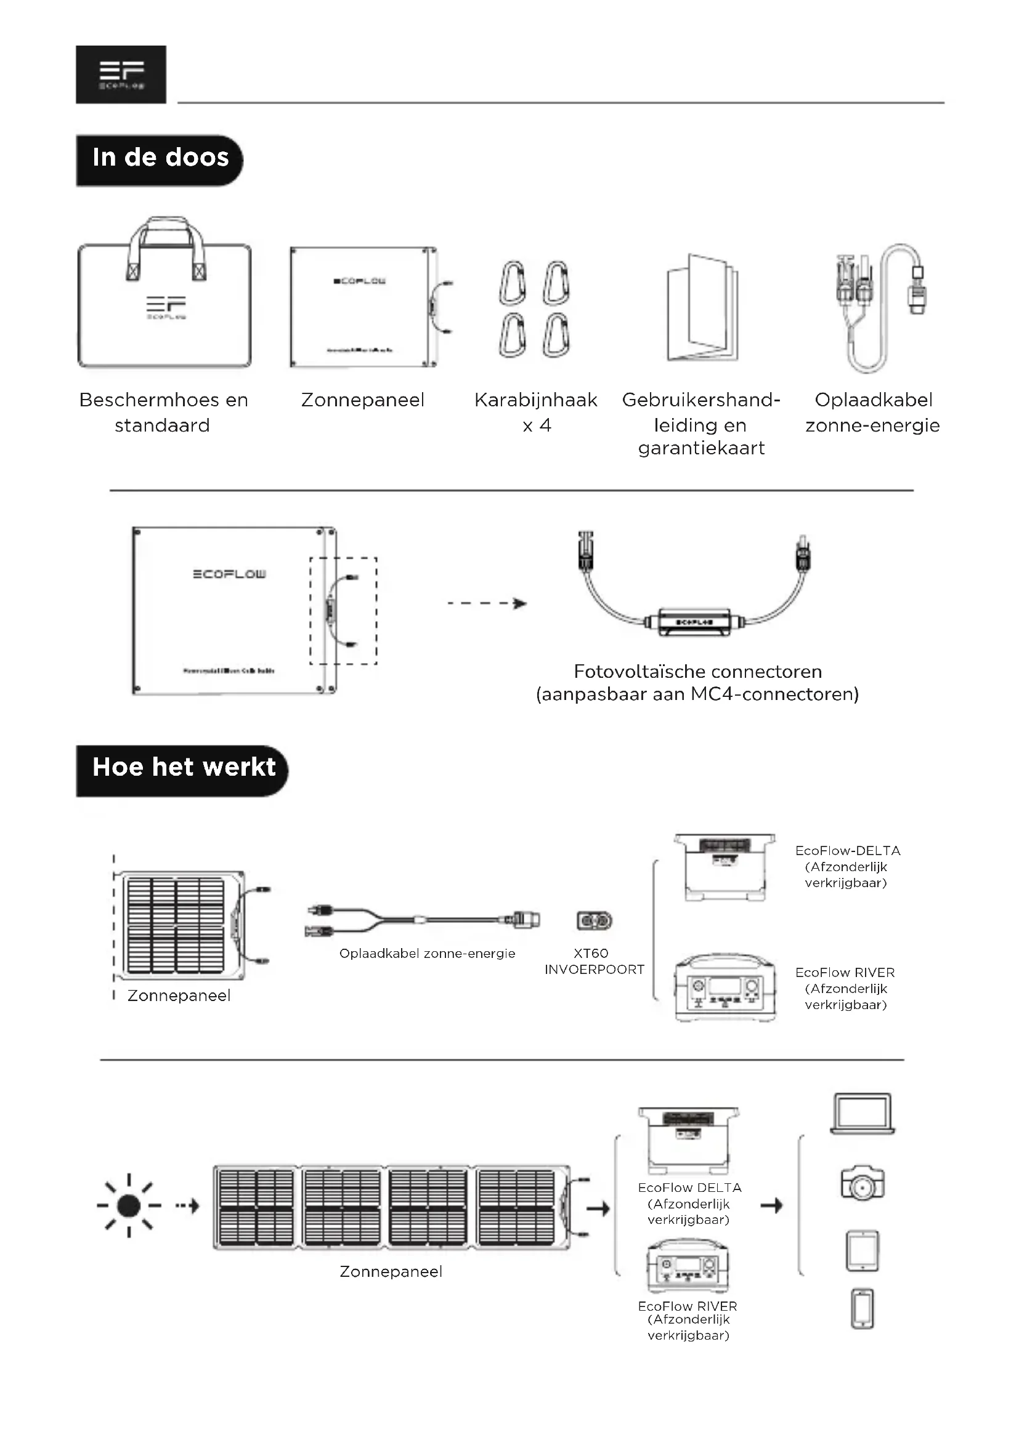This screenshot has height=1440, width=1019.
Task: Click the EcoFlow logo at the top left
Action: (121, 74)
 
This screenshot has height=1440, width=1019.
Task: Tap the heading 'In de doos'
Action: (160, 158)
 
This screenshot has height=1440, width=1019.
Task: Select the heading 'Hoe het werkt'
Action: (183, 768)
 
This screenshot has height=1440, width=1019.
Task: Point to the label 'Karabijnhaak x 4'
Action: (536, 412)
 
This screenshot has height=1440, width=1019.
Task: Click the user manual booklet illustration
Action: (702, 308)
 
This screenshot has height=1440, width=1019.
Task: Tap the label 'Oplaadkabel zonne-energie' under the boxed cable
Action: (872, 412)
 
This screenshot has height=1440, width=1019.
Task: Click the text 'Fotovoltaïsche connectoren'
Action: (697, 672)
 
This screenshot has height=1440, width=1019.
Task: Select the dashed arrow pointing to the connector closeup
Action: (487, 603)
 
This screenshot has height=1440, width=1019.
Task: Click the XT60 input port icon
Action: (594, 920)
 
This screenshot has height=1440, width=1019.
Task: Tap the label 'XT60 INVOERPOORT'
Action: (594, 962)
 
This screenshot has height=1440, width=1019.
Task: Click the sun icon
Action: (129, 1205)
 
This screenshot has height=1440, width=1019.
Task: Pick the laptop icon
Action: (862, 1114)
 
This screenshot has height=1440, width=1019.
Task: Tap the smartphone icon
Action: (862, 1309)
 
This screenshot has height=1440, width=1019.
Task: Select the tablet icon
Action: (862, 1250)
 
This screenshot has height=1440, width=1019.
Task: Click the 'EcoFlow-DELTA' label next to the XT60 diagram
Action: (847, 851)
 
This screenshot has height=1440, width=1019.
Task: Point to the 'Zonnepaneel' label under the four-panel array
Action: (391, 1271)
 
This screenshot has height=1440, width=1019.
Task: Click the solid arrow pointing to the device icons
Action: (771, 1205)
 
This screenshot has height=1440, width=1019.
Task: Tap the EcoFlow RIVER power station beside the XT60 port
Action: (725, 989)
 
